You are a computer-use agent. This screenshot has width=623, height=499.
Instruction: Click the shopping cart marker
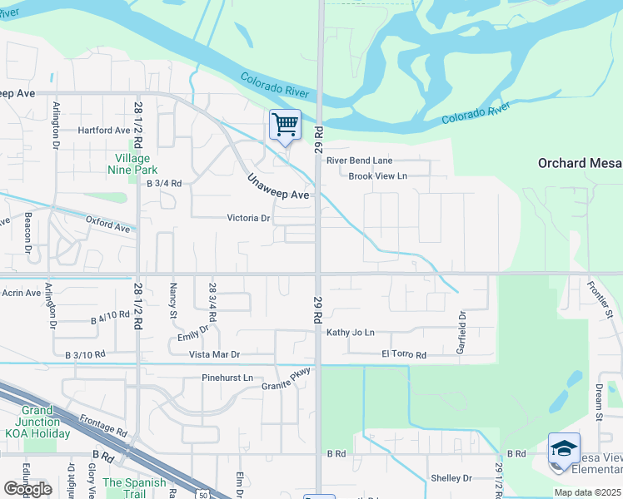285,126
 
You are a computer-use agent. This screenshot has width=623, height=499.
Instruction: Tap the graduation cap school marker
564,448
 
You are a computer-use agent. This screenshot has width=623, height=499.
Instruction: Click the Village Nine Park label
132,164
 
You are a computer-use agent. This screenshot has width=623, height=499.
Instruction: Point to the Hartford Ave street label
104,131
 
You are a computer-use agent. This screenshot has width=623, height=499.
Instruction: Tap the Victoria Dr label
249,219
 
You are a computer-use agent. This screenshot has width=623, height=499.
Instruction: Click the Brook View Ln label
377,176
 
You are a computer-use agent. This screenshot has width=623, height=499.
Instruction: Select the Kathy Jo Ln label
351,333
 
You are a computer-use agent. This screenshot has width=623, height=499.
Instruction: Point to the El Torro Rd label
404,355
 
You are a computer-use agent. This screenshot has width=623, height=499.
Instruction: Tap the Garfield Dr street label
461,332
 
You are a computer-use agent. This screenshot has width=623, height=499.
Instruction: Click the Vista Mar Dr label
214,354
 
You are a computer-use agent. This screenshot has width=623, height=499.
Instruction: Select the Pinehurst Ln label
227,378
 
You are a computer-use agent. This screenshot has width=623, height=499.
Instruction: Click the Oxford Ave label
108,225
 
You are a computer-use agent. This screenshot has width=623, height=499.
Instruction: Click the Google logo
27,488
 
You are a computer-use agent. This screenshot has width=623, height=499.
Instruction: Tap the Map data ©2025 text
586,492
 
